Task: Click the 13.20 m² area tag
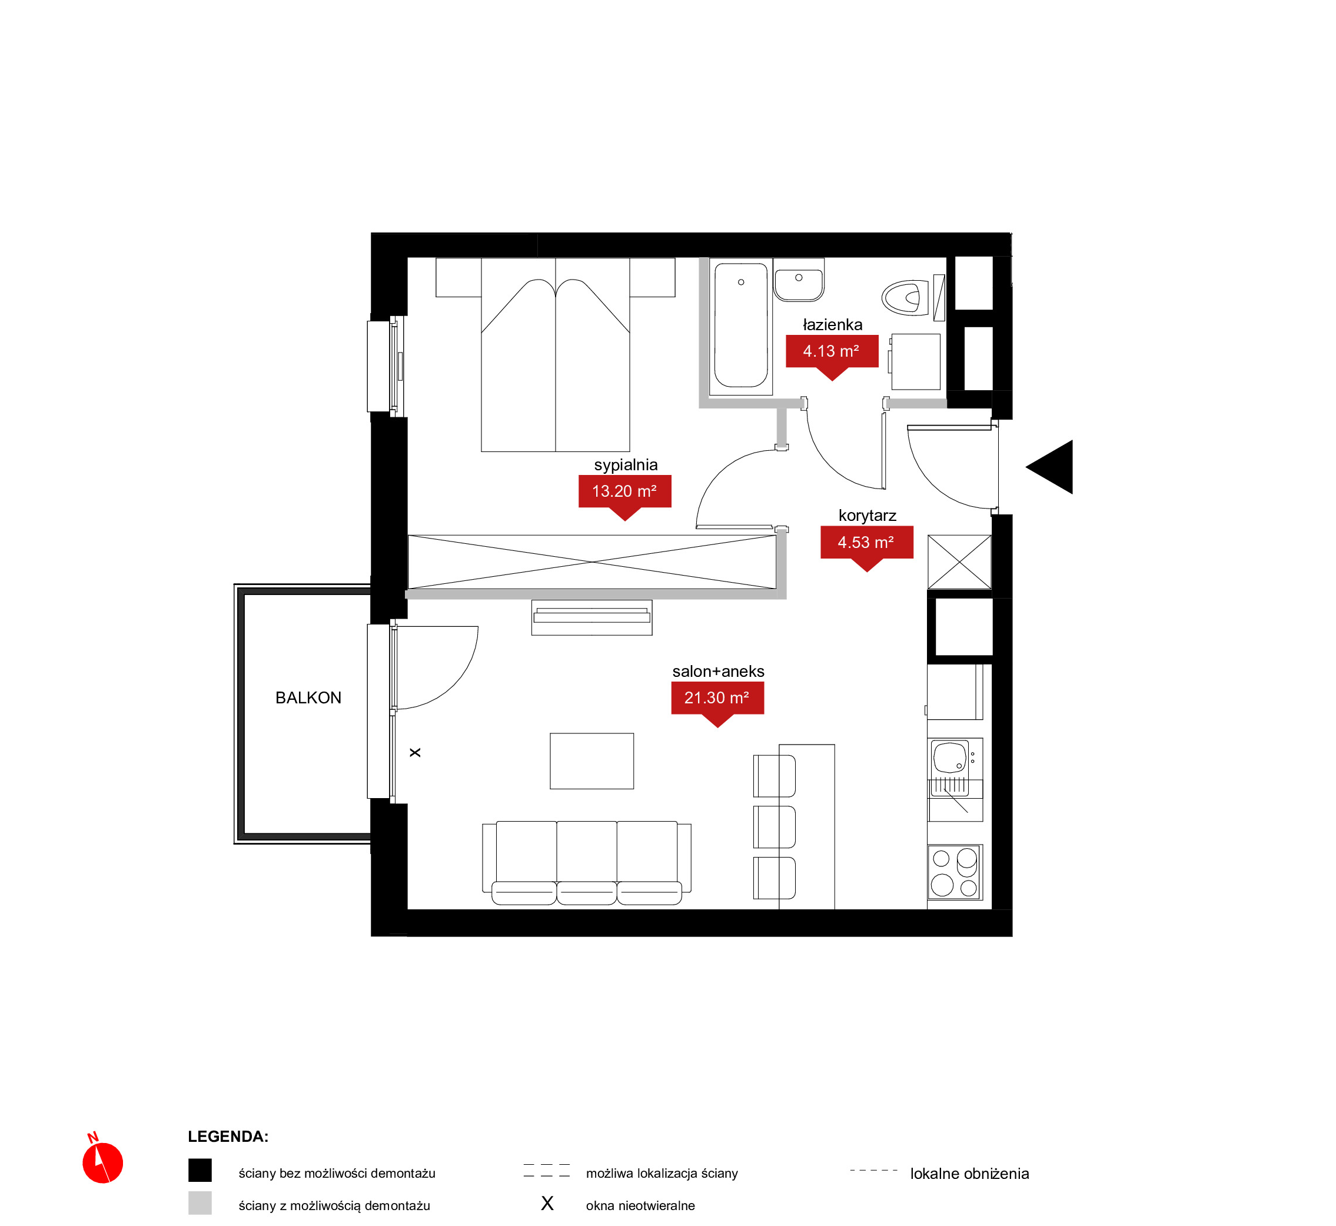624,494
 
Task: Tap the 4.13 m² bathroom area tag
832,354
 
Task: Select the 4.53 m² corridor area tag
866,544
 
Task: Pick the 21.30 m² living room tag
717,700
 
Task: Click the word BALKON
308,698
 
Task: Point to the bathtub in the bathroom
741,325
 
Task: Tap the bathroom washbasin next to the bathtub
799,280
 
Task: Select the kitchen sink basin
950,757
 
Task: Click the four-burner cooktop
955,872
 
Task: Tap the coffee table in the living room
591,761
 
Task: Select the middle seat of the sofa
586,862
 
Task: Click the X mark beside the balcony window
416,752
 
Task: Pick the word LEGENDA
228,1137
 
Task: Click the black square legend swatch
200,1170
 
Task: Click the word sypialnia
626,465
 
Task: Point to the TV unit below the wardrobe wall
591,617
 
